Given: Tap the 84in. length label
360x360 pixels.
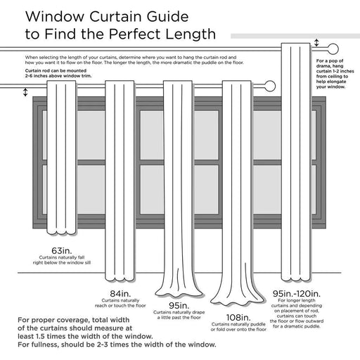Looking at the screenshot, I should point(120,293).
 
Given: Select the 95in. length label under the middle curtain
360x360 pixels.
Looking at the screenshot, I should point(179,306).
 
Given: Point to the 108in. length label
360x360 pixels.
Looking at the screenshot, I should point(238,318).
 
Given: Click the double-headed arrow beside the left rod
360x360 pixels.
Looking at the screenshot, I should point(26,93).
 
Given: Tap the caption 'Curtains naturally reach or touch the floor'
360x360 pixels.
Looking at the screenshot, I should point(120,305).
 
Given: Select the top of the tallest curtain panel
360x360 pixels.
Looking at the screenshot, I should point(296,46).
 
